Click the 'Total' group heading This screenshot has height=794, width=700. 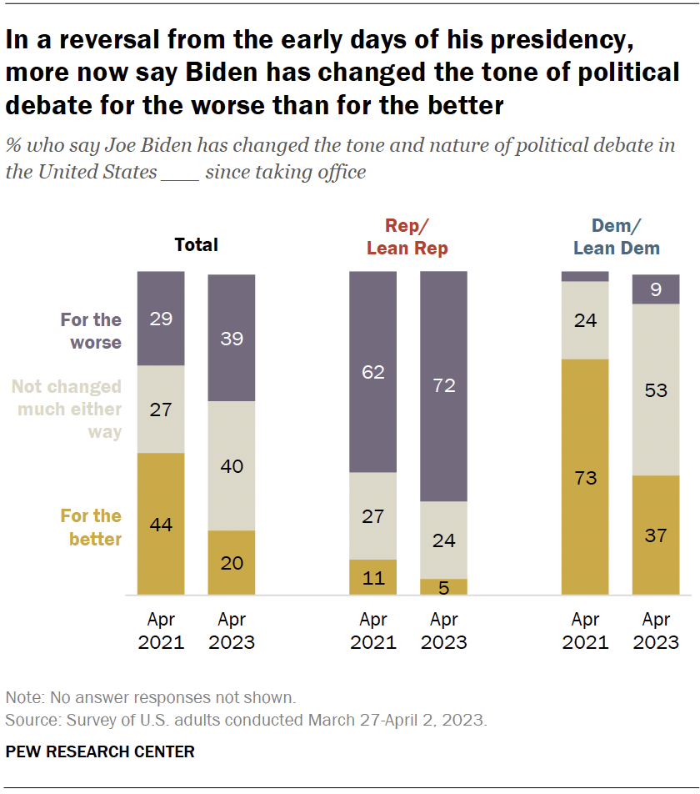(196, 245)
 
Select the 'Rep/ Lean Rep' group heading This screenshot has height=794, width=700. (408, 237)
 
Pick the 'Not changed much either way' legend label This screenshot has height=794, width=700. (67, 410)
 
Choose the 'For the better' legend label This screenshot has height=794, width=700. (91, 527)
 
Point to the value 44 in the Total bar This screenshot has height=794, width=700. (161, 524)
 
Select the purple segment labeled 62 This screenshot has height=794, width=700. (373, 372)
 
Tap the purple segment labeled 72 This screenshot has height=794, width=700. (443, 386)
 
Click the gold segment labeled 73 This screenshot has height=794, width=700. (585, 477)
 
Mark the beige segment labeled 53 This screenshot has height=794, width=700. (656, 389)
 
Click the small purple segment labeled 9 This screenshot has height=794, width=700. (656, 289)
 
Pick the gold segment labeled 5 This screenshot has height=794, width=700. (443, 586)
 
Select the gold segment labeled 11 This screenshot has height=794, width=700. (373, 577)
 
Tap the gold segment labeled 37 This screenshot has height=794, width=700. (656, 535)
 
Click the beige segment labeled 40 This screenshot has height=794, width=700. (232, 465)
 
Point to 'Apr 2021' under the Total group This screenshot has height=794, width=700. (161, 631)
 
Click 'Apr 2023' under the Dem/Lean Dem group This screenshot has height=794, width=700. (656, 631)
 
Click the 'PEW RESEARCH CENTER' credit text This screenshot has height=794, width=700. (100, 751)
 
